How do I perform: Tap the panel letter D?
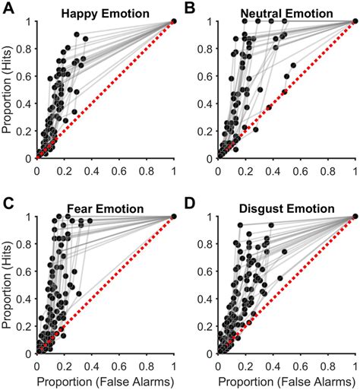[190, 203]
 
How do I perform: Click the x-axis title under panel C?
[106, 380]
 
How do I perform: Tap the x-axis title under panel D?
[287, 380]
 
